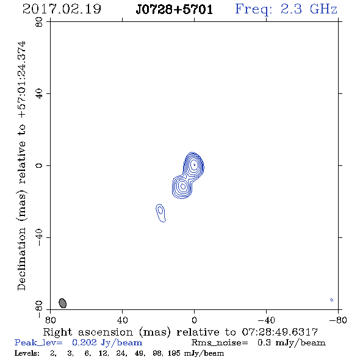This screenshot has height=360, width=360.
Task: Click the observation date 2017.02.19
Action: click(62, 9)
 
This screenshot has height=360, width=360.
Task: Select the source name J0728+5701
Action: click(175, 10)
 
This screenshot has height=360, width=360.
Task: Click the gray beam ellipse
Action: click(63, 303)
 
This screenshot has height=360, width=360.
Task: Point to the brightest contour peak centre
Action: click(194, 165)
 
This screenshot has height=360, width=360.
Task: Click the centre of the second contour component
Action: click(183, 187)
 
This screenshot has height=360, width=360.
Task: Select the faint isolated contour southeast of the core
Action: click(160, 212)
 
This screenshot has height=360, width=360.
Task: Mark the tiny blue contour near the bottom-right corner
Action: click(331, 300)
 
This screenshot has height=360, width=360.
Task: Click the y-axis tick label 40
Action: click(39, 94)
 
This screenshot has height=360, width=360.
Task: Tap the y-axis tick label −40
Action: click(39, 237)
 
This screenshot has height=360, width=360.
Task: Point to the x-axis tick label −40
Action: click(266, 320)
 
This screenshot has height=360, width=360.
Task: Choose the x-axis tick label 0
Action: click(194, 320)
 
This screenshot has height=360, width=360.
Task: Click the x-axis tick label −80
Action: click(338, 320)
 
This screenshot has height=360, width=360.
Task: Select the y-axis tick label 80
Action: click(39, 22)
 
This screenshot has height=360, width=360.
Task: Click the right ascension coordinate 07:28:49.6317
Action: click(280, 332)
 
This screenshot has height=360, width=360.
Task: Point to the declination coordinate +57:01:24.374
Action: click(22, 80)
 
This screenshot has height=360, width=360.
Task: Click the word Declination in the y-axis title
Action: click(22, 259)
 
